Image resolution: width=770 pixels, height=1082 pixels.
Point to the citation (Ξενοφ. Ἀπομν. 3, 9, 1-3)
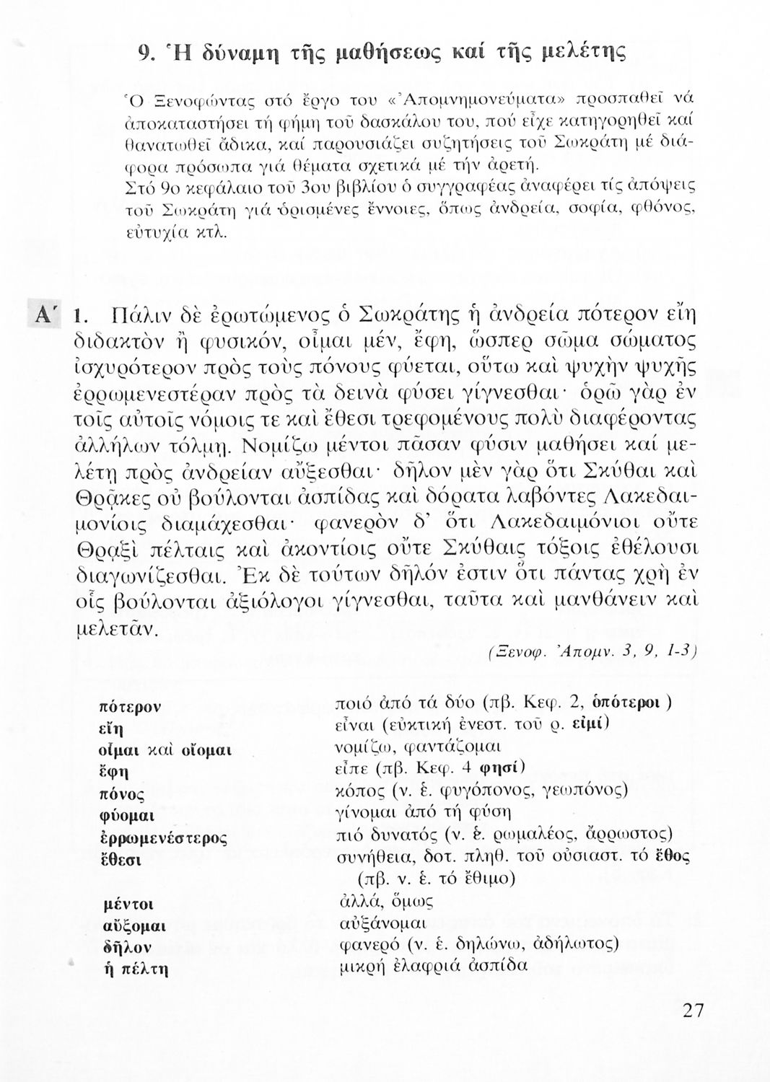590,651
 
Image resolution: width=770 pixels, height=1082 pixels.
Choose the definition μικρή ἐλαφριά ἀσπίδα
432,965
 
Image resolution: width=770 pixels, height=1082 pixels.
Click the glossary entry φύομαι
128,817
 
